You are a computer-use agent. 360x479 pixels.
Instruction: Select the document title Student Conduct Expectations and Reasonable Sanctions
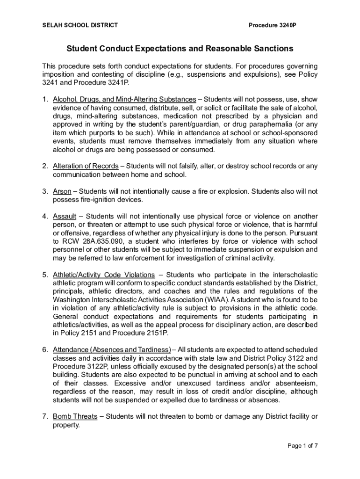[x=180, y=48]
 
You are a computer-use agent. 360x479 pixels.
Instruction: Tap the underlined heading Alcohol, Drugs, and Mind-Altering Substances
[x=124, y=99]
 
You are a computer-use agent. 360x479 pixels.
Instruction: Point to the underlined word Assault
[x=64, y=216]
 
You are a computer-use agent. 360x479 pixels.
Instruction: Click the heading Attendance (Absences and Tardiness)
[x=112, y=349]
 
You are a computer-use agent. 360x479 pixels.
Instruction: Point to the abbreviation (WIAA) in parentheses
[x=214, y=299]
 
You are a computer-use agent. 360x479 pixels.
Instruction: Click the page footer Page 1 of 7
[x=302, y=458]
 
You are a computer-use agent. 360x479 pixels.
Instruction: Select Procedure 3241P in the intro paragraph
[x=103, y=82]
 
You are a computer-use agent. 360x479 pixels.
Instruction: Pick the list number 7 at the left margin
[x=44, y=416]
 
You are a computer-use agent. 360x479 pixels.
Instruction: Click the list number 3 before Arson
[x=44, y=191]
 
